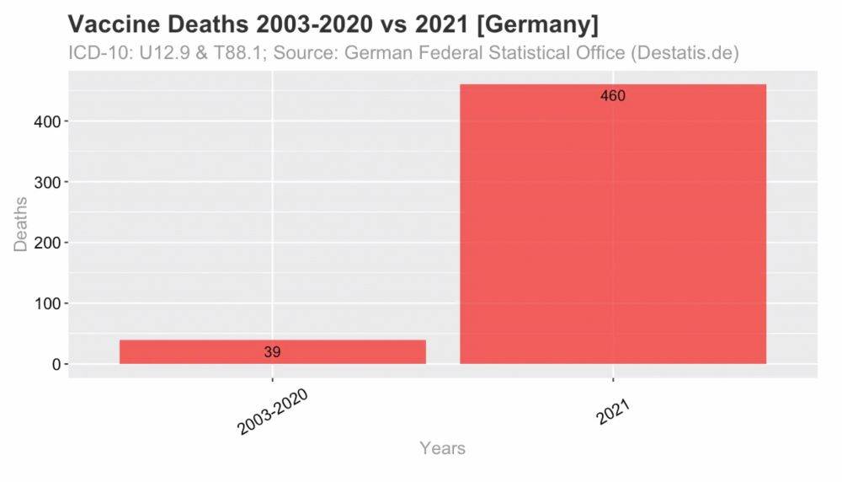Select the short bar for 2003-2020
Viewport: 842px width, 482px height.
tap(272, 351)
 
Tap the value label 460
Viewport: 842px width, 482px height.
tap(612, 96)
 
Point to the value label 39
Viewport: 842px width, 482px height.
tap(272, 352)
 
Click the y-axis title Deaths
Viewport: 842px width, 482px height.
tap(21, 223)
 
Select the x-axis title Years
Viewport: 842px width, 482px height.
tap(442, 448)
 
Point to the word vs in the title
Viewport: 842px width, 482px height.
tap(387, 24)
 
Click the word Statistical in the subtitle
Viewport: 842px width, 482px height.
tap(525, 53)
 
